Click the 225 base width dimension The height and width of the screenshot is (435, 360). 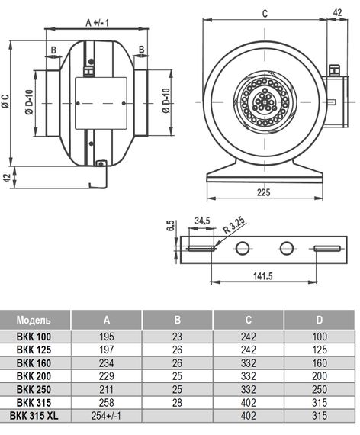[x=263, y=192]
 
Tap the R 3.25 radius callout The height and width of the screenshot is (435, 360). [x=234, y=225]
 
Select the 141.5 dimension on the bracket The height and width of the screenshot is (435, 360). [x=263, y=276]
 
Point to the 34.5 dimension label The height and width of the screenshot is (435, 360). [x=202, y=221]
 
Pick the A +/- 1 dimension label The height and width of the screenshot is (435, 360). [x=97, y=23]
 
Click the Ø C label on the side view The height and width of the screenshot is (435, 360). [x=5, y=101]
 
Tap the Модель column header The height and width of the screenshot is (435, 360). [x=34, y=320]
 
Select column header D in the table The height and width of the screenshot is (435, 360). [x=320, y=320]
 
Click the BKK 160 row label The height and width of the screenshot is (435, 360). [x=34, y=362]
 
